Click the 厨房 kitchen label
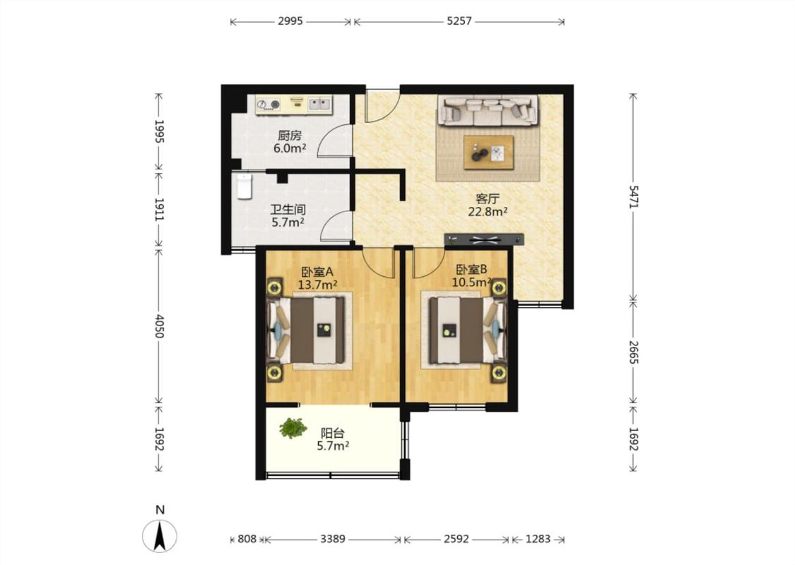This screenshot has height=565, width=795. tap(290, 136)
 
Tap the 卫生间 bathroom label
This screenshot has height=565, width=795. tap(288, 209)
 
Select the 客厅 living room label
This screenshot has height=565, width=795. tap(488, 198)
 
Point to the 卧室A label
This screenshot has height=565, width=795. tap(317, 272)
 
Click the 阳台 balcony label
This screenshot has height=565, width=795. tap(333, 433)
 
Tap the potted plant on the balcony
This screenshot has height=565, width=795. tap(293, 428)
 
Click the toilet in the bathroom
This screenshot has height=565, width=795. tap(245, 186)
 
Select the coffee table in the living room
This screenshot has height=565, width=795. tap(489, 152)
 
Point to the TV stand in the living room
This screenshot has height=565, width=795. tap(483, 239)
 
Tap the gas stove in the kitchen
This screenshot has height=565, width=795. tap(269, 105)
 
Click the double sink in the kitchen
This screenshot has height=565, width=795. tap(319, 105)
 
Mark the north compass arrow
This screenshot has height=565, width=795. tap(160, 536)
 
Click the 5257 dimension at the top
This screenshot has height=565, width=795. tap(459, 21)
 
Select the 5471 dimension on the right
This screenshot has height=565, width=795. tap(633, 196)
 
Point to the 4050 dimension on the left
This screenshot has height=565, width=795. tap(159, 327)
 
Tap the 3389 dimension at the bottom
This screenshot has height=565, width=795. tap(333, 539)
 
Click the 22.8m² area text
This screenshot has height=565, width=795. tap(488, 212)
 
